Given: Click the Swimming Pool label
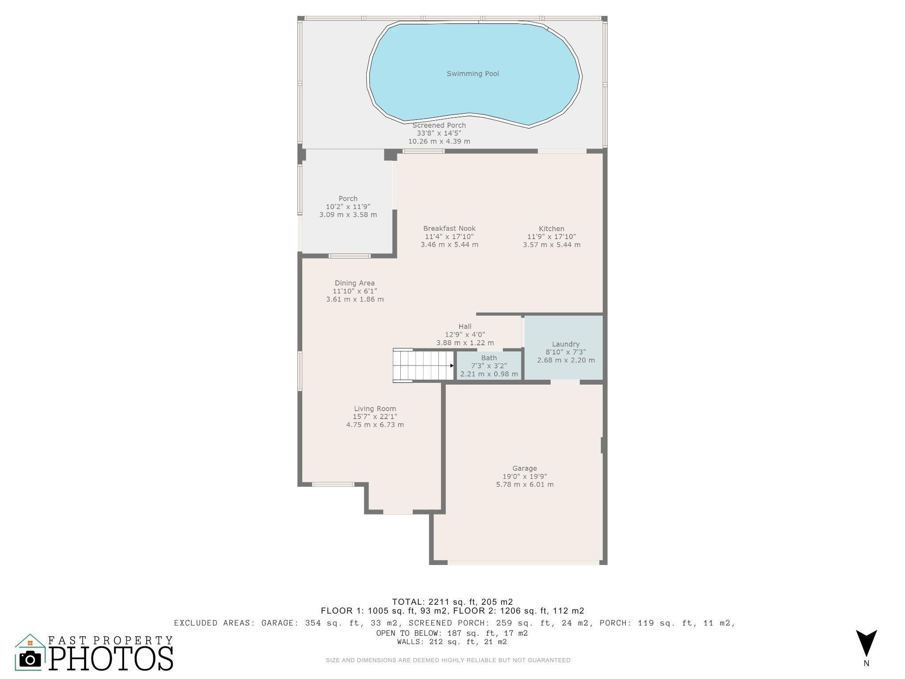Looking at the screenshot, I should (472, 74).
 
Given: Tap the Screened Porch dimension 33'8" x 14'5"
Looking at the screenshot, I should (439, 133).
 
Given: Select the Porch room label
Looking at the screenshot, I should (348, 198).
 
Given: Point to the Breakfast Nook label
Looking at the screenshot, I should (449, 229).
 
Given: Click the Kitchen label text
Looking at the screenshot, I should (551, 229).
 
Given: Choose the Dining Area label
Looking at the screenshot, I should (354, 283).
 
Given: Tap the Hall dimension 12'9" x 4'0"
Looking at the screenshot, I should (465, 335).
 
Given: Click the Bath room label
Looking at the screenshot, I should (489, 358).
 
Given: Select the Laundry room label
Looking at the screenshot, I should (565, 344).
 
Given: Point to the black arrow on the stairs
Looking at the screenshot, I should (452, 366).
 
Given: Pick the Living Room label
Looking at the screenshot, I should (375, 408).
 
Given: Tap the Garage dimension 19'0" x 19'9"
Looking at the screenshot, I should (525, 476).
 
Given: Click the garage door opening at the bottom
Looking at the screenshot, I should (523, 562).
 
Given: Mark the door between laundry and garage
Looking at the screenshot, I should (565, 382).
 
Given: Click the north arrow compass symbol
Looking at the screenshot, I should (866, 644).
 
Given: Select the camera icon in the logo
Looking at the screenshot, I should (30, 659).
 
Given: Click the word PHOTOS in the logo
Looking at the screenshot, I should (110, 658).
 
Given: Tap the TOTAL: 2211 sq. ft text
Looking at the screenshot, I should (452, 602).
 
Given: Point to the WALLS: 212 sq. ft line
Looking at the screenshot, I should (452, 642).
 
